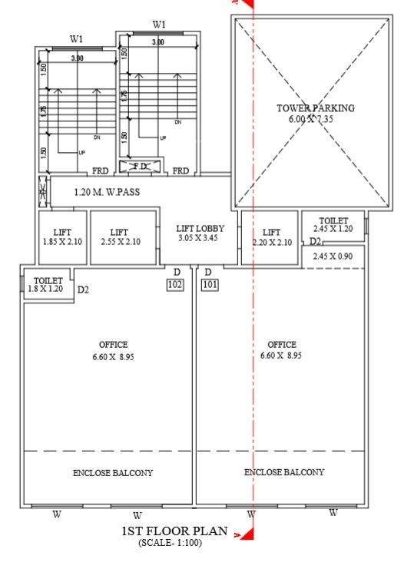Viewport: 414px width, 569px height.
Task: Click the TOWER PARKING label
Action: coord(316,108)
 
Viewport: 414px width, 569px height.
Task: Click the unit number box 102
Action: coord(175,285)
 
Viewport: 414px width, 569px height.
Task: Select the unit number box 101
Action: coord(210,285)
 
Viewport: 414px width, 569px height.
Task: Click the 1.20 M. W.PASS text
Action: coord(111,192)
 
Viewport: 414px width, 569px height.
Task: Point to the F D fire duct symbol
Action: coord(140,166)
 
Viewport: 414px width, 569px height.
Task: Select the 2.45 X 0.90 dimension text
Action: coord(333,256)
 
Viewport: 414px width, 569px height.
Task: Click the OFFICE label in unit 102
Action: coord(113,345)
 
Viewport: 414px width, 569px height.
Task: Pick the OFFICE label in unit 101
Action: coord(281,345)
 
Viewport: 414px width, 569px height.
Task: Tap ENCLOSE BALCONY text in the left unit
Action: coord(113,473)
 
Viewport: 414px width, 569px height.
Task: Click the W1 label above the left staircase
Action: coord(77,38)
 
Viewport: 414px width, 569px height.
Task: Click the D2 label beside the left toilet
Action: coord(84,290)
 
